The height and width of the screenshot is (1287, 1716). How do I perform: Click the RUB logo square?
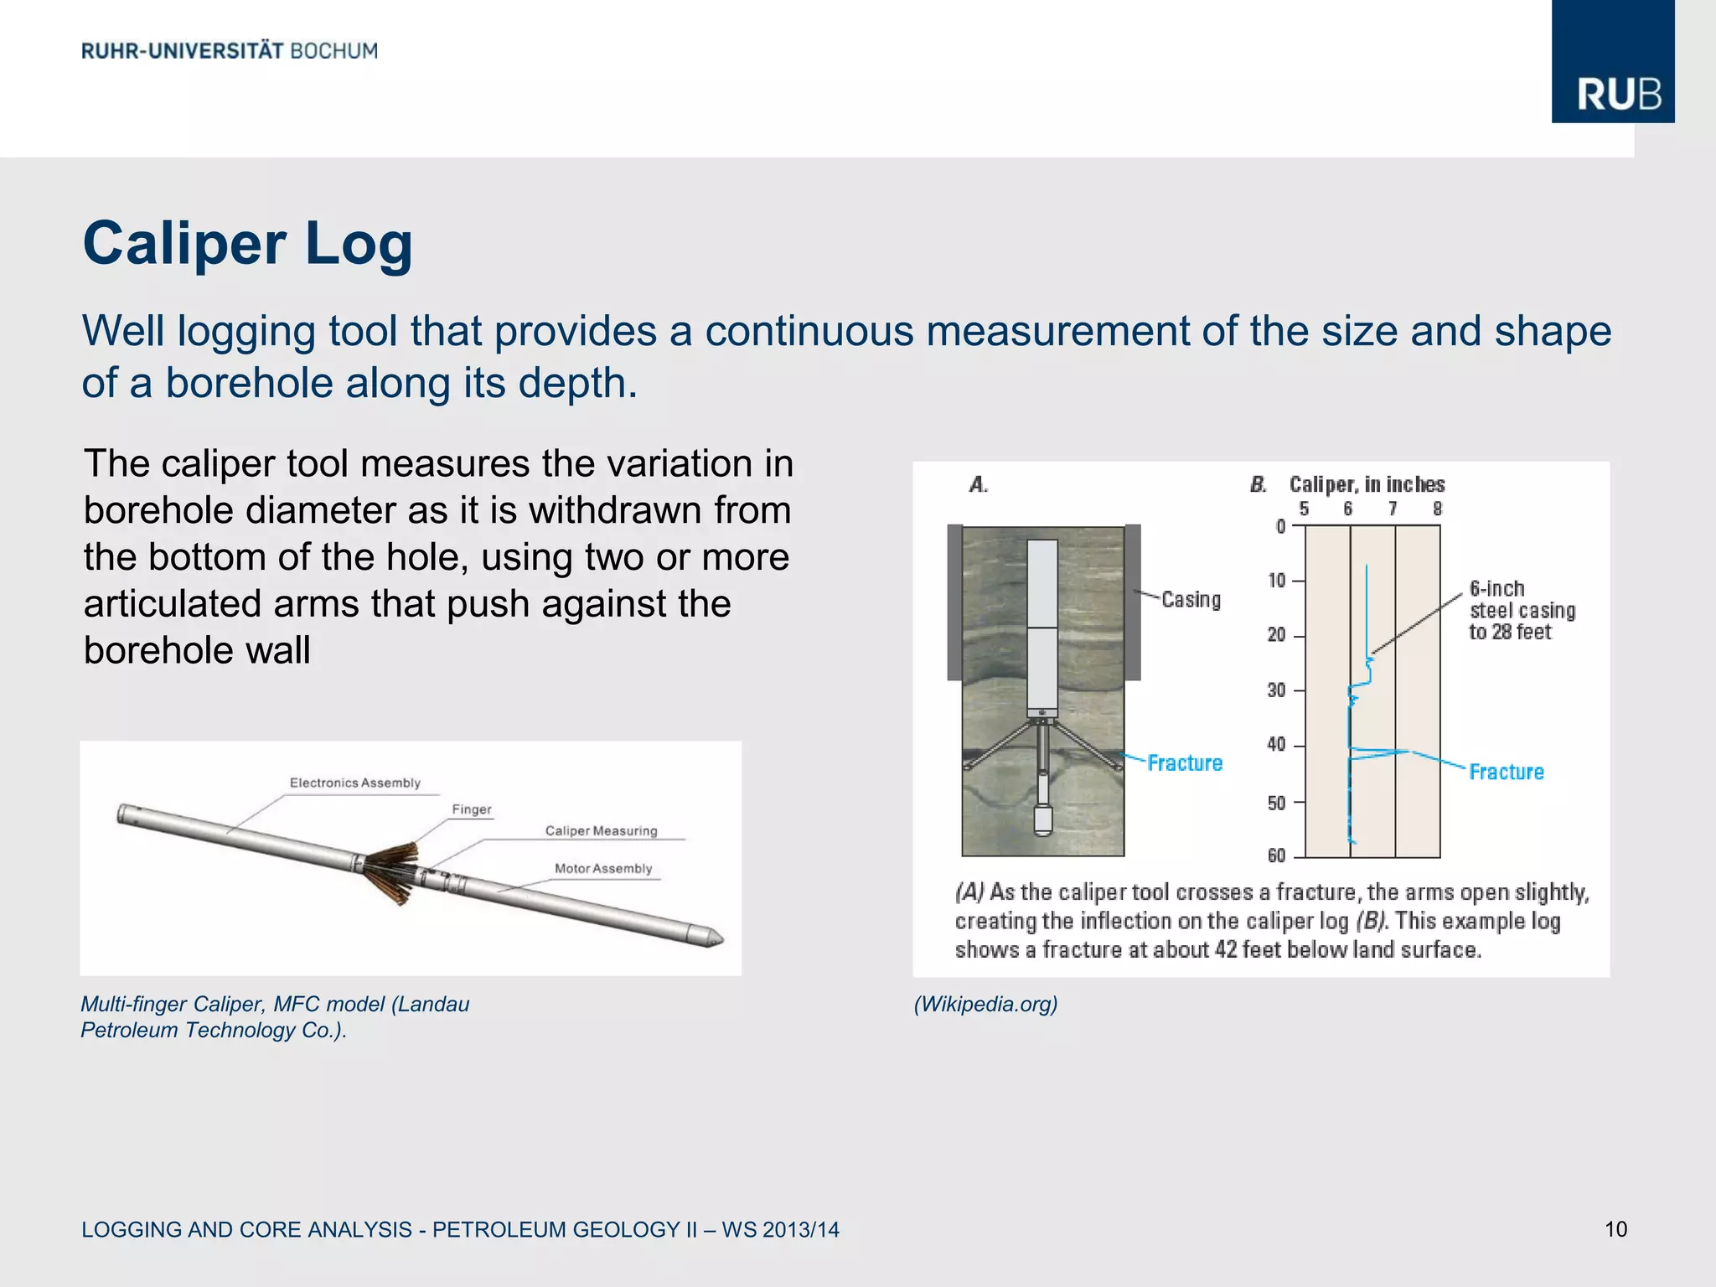click(1612, 62)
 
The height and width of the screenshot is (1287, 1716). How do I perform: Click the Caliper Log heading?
click(247, 244)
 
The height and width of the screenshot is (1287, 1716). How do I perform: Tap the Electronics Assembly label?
click(354, 783)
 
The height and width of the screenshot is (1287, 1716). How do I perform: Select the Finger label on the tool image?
click(472, 809)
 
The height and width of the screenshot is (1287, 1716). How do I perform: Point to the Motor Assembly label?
click(602, 869)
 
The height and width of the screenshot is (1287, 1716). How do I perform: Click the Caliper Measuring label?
click(601, 831)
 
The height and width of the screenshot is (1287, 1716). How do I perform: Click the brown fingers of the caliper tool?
click(392, 871)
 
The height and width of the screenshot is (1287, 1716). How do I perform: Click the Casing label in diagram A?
click(1191, 600)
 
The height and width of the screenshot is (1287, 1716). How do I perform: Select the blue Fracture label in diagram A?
click(1184, 763)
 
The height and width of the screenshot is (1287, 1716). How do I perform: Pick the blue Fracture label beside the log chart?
click(1506, 772)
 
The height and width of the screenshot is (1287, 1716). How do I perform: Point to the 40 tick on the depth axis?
click(1276, 745)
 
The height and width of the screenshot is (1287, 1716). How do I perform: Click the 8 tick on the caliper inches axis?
click(1438, 509)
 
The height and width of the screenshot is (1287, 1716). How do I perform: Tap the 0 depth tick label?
click(1280, 526)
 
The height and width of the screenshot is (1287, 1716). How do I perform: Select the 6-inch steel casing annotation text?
click(1521, 611)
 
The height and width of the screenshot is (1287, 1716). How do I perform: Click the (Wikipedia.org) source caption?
click(985, 1004)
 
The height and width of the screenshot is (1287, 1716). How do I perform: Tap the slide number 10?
click(1615, 1229)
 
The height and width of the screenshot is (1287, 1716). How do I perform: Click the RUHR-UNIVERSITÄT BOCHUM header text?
click(230, 51)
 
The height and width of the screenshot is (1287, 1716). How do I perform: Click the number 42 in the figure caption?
click(1225, 950)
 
